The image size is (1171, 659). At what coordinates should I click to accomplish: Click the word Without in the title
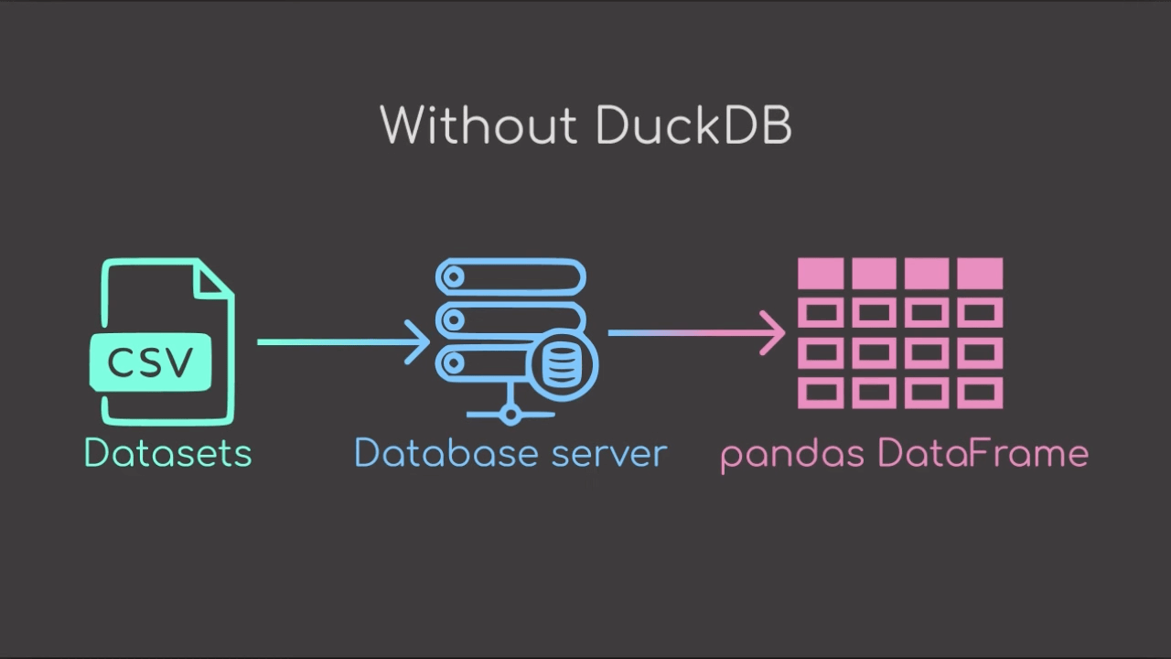[x=479, y=125]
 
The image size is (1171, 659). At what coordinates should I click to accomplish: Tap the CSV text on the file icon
[x=151, y=362]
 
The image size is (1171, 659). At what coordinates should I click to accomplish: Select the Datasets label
[x=167, y=453]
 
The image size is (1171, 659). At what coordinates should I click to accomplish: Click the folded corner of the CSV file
[x=215, y=279]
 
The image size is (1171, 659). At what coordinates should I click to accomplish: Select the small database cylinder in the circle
[x=560, y=363]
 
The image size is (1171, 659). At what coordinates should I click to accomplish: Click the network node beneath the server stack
[x=510, y=416]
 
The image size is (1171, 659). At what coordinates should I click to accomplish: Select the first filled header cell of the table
[x=821, y=273]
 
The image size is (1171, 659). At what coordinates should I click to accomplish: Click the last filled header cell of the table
[x=980, y=273]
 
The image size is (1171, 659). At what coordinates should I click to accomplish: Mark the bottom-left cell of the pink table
[x=821, y=394]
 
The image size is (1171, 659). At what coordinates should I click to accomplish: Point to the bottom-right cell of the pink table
[x=980, y=394]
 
